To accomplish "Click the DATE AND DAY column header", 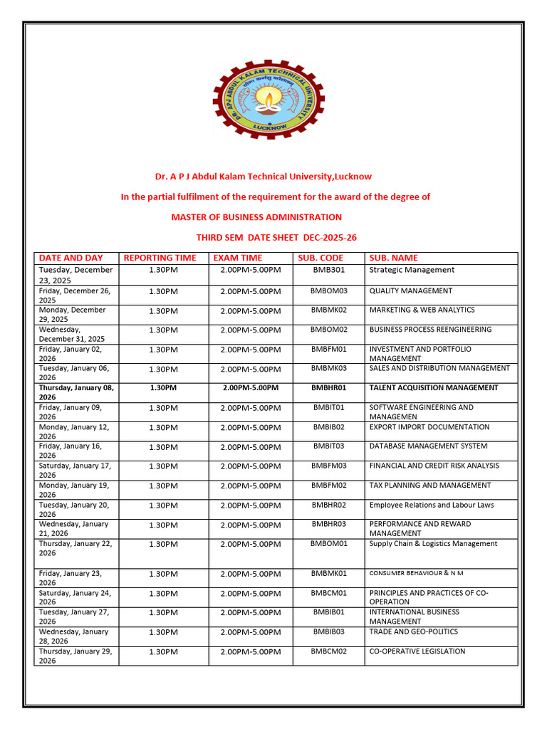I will tap(71, 258).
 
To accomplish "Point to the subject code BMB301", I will tap(328, 271).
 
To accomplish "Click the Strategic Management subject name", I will tap(412, 270).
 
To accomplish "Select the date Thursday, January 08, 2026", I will tap(76, 392).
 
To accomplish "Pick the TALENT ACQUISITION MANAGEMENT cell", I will tap(434, 388).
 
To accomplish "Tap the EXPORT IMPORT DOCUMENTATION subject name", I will tap(429, 427).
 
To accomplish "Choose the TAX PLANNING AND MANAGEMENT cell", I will tap(429, 486).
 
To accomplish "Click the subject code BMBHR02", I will tap(328, 505).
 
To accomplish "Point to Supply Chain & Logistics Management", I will tap(433, 544).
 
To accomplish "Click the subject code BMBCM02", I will tap(328, 651).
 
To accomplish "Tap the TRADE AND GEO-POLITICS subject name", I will tap(413, 632).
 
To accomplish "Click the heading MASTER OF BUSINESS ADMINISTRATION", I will tap(256, 217).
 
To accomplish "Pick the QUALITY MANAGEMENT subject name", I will tap(410, 290).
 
